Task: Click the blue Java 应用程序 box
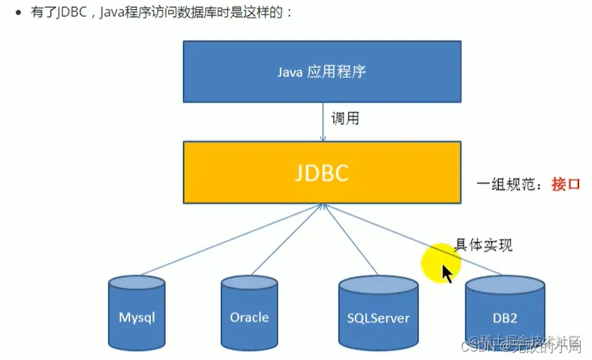tap(322, 71)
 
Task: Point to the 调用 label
tap(344, 119)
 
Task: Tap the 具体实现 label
tap(483, 245)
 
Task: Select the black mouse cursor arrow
tap(447, 272)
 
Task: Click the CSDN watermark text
tap(465, 346)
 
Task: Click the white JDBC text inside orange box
tap(322, 173)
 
